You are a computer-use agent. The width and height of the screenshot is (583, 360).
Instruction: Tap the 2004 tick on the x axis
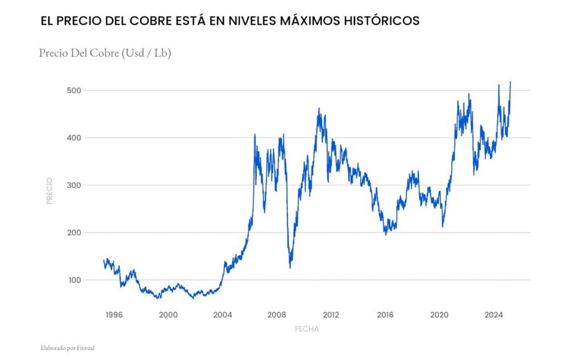222,314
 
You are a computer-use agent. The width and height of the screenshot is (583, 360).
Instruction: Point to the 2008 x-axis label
277,314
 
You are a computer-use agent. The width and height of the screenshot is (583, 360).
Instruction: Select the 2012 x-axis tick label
331,314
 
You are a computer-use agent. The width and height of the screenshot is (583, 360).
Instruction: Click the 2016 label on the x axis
385,314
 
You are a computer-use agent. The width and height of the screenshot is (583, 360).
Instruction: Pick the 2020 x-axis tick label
440,314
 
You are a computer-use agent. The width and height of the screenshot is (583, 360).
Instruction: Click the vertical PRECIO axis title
50,191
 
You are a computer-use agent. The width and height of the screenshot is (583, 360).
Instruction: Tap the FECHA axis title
307,329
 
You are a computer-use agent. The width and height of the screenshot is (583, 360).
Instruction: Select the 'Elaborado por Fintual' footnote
63,347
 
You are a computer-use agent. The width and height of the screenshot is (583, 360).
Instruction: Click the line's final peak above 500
510,82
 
